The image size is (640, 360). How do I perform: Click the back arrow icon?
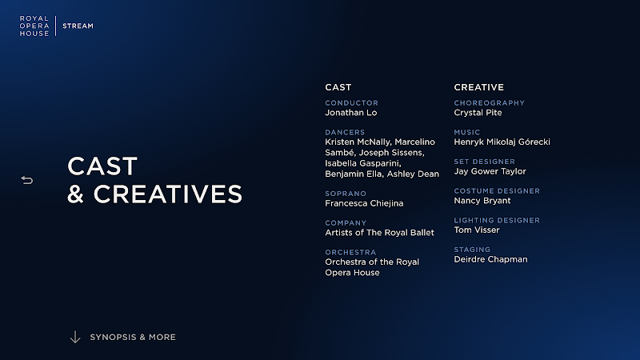pos(27,180)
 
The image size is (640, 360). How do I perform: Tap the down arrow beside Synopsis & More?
pos(75,337)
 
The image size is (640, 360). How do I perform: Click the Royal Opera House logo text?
pos(34,26)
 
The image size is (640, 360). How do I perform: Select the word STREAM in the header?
pos(78,26)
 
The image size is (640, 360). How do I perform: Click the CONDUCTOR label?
pos(351,103)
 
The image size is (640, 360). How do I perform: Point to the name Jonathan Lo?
pos(351,113)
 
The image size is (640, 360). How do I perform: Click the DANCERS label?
pos(345,132)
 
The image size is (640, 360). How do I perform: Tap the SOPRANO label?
pos(346,194)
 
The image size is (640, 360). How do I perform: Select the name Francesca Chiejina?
pos(364,203)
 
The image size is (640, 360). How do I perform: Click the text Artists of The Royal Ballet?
pos(379,233)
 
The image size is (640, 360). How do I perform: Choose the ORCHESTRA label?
pos(350,252)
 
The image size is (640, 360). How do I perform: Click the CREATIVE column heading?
pos(478,87)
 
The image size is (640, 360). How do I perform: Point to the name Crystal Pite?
pos(478,113)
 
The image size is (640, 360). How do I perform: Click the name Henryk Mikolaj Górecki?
pos(502,142)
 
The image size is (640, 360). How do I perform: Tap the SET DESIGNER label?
pos(485,162)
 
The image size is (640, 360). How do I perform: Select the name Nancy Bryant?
pos(482,201)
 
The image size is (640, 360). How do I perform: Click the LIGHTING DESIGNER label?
pos(497,221)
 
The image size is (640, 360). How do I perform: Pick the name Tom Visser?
pos(477,230)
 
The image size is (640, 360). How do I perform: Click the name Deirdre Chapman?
pos(490,259)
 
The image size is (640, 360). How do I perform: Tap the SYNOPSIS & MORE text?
pos(133,337)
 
